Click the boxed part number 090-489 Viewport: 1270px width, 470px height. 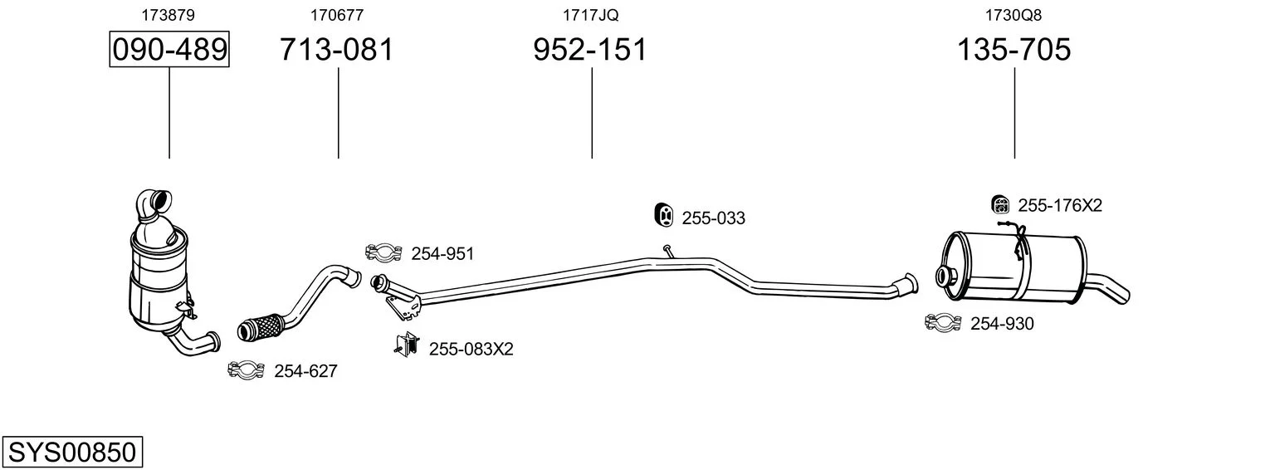[x=169, y=49]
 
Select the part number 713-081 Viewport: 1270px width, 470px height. [x=337, y=49]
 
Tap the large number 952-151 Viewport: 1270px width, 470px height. [x=590, y=49]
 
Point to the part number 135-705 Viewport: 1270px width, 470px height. [x=1014, y=49]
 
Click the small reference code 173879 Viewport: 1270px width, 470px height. [x=168, y=15]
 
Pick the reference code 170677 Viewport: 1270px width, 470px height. [x=337, y=15]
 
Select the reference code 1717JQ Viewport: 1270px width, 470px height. [x=590, y=15]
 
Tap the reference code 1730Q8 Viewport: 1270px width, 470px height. [x=1014, y=15]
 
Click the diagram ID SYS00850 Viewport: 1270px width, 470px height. [x=72, y=453]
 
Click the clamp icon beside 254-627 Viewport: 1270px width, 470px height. [x=246, y=370]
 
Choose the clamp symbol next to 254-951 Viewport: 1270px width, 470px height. [x=383, y=252]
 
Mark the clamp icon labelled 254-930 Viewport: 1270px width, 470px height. [x=943, y=322]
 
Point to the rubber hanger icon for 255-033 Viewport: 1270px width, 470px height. [x=662, y=214]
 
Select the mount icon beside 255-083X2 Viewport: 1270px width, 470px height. [x=407, y=345]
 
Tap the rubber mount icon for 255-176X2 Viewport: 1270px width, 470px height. [x=1001, y=204]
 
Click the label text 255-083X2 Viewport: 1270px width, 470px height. [x=471, y=349]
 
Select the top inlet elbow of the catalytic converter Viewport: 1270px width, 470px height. [x=154, y=206]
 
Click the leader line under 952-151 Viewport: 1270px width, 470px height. [x=592, y=113]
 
